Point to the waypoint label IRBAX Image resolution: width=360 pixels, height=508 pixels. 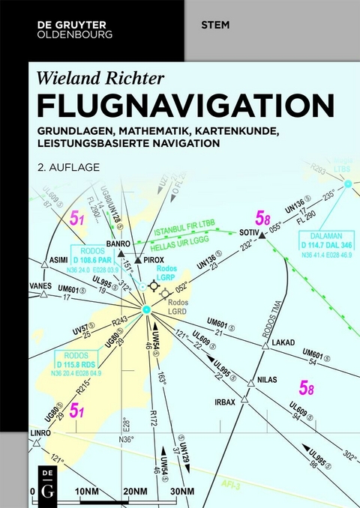pyautogui.click(x=226, y=402)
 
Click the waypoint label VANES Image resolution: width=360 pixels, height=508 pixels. pyautogui.click(x=41, y=283)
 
